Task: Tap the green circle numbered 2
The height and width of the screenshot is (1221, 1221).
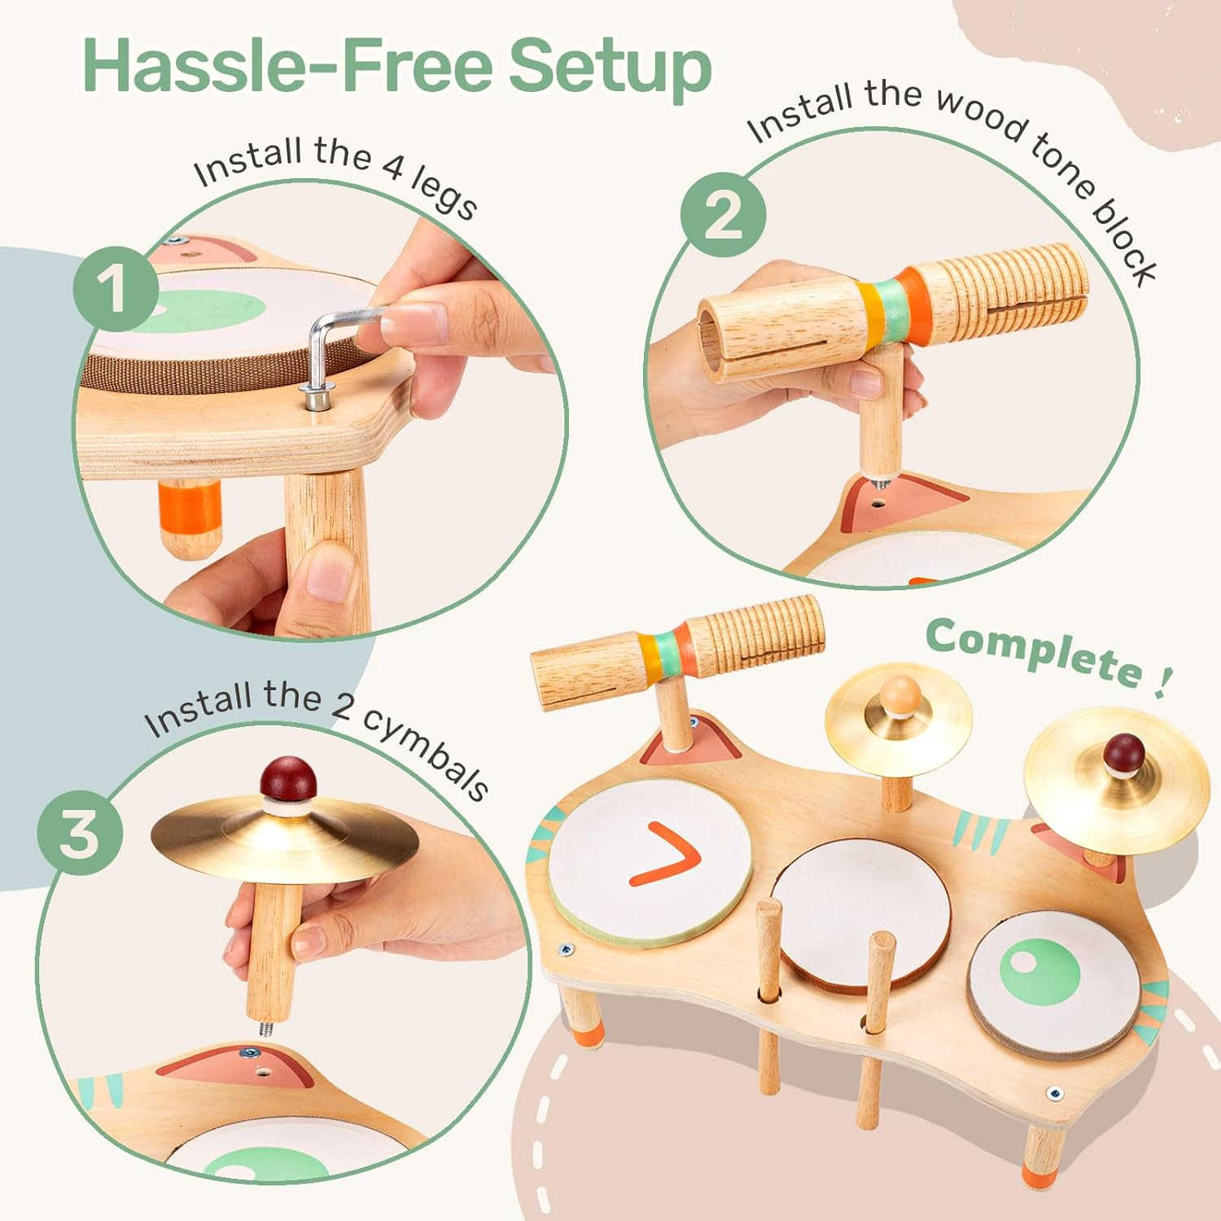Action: (x=724, y=215)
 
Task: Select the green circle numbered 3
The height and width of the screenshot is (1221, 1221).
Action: (x=80, y=834)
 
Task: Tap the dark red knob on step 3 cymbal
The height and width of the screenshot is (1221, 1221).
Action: (x=287, y=780)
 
